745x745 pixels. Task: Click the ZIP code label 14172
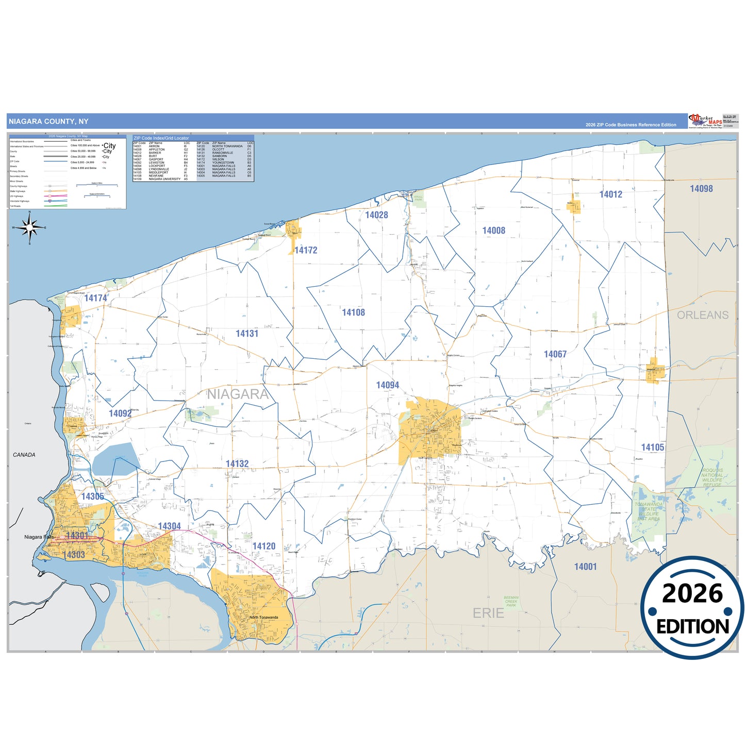[306, 251]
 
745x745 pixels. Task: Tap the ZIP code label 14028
[376, 215]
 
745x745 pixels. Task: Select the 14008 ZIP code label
[493, 230]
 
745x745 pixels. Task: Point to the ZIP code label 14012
[610, 194]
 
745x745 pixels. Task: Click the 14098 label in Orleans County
[701, 189]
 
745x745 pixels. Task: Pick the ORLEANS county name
[702, 315]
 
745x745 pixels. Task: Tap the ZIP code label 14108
[353, 312]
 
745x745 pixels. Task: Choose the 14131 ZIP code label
[247, 334]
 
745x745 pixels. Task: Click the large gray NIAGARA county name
[238, 394]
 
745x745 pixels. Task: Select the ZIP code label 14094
[387, 385]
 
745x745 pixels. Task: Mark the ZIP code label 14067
[555, 354]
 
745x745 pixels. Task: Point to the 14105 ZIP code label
[652, 448]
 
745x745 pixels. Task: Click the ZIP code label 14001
[585, 567]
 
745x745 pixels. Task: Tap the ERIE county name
[488, 613]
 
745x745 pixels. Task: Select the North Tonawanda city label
[263, 617]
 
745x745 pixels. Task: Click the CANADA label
[24, 455]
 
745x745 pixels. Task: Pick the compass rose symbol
[29, 227]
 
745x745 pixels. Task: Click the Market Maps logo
[705, 121]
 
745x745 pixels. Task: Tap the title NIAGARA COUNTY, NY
[48, 122]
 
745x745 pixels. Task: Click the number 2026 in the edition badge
[692, 594]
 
